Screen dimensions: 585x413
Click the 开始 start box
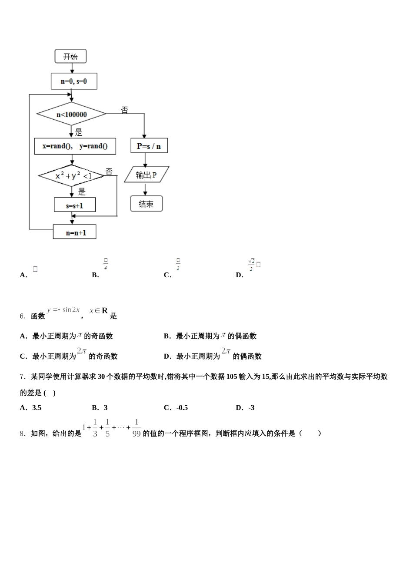pyautogui.click(x=70, y=56)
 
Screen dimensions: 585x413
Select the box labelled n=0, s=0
pyautogui.click(x=74, y=81)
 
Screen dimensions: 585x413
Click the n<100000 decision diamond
pyautogui.click(x=71, y=114)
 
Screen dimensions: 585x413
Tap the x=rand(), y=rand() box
pyautogui.click(x=75, y=146)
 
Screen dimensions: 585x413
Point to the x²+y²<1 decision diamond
pyautogui.click(x=72, y=176)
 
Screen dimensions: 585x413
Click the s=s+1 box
pyautogui.click(x=75, y=205)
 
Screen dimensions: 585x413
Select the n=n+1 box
pyautogui.click(x=75, y=232)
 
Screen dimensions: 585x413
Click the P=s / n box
pyautogui.click(x=149, y=146)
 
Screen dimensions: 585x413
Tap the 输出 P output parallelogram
pyautogui.click(x=147, y=175)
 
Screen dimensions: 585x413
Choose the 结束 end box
pyautogui.click(x=146, y=204)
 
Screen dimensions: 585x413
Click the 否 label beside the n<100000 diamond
pyautogui.click(x=125, y=111)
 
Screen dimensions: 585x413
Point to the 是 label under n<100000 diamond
pyautogui.click(x=79, y=132)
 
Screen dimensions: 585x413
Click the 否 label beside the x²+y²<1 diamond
pyautogui.click(x=109, y=171)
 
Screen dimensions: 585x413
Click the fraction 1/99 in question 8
pyautogui.click(x=136, y=428)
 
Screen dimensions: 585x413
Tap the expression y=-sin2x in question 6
pyautogui.click(x=63, y=310)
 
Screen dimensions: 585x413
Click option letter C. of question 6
pyautogui.click(x=24, y=356)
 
